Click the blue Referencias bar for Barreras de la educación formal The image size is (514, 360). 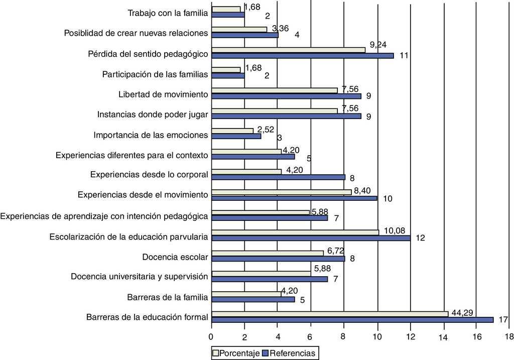(352, 320)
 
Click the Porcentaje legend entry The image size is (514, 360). (235, 353)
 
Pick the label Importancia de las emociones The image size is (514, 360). (151, 135)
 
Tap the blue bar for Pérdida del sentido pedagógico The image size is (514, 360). (303, 55)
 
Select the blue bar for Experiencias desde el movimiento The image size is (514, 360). (294, 198)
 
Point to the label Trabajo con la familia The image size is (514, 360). (168, 13)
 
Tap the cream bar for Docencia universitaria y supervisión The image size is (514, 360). (261, 273)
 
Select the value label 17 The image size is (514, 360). (502, 319)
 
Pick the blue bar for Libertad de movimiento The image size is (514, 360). (286, 96)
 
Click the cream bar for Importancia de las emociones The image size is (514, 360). (232, 131)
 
